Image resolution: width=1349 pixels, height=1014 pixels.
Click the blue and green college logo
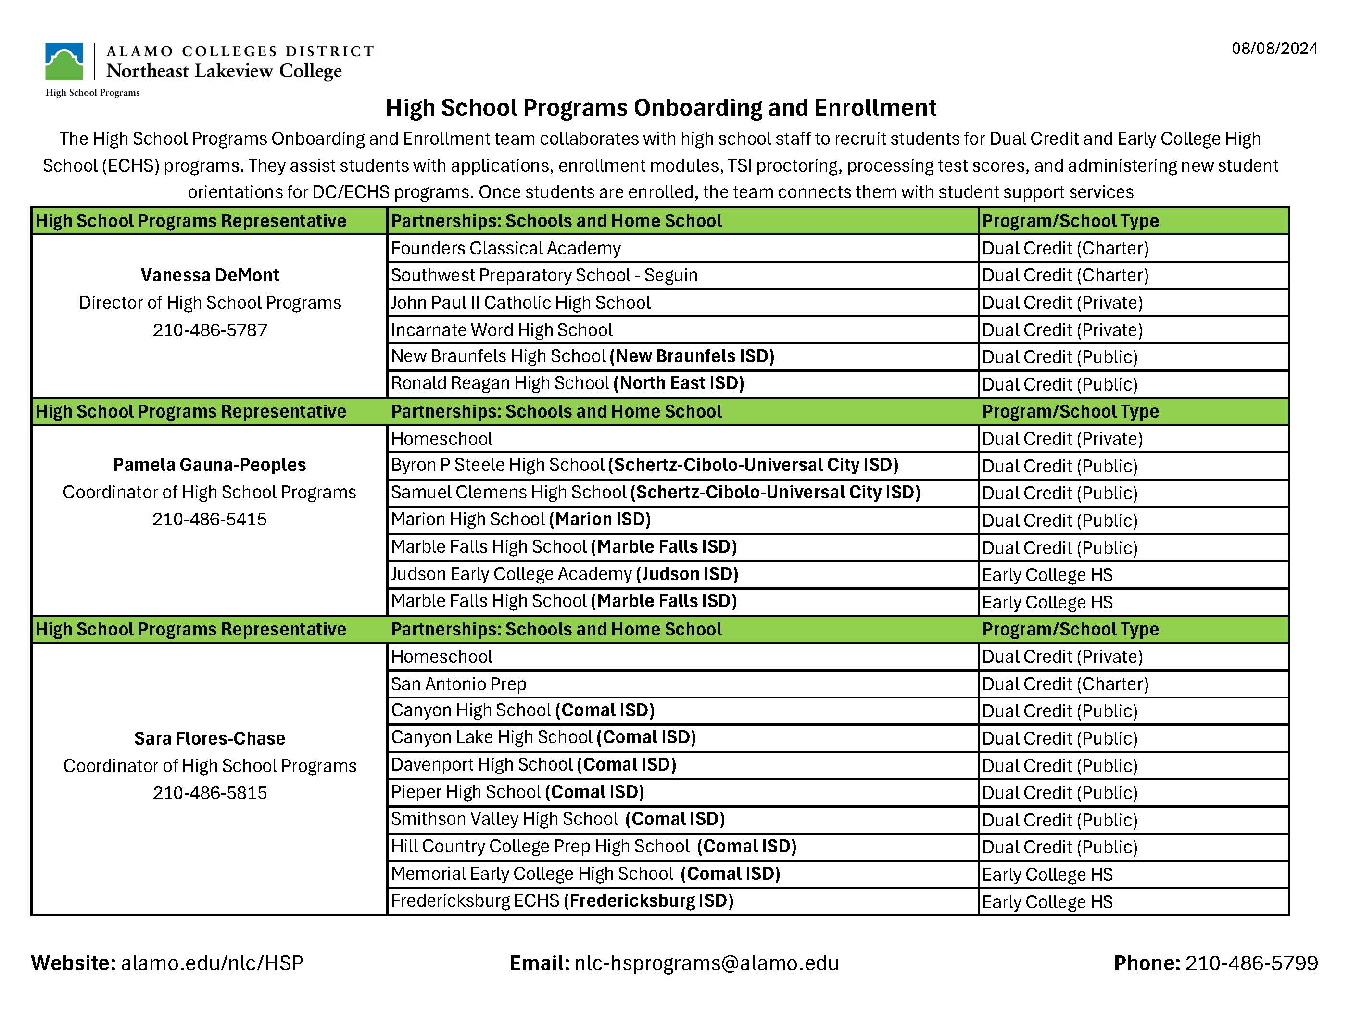[64, 62]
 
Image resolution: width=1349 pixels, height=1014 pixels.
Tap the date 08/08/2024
[1274, 49]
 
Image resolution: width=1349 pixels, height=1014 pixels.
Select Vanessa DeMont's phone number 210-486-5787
[210, 330]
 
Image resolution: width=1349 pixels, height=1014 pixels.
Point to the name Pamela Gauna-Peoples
[209, 465]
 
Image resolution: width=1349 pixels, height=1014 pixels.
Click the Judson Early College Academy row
[564, 574]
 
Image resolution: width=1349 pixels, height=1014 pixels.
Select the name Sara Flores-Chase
[209, 738]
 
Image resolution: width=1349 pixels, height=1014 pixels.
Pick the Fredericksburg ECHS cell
[562, 900]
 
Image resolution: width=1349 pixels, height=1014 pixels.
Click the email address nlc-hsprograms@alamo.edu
[706, 963]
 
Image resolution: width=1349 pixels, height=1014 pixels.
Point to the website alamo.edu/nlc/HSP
[212, 963]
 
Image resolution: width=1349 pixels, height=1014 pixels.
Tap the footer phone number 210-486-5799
[1251, 963]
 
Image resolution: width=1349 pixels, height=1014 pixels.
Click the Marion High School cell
[520, 519]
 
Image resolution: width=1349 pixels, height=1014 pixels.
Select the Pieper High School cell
[517, 792]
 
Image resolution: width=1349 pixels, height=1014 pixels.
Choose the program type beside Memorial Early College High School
[1046, 875]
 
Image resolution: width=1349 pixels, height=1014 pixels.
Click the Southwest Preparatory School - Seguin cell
[544, 275]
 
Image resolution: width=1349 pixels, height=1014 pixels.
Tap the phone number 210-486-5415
[209, 519]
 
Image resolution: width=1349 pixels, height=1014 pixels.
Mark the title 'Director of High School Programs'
[210, 303]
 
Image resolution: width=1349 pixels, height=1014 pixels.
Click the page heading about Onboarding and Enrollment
[660, 108]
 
